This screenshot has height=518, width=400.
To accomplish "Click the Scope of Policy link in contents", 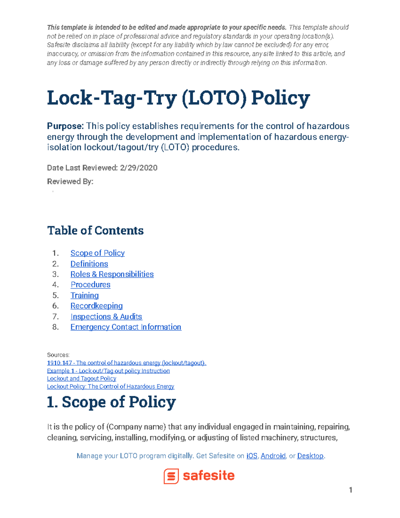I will (97, 253).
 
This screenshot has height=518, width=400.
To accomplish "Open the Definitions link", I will (89, 264).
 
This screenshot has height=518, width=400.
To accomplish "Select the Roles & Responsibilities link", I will (112, 274).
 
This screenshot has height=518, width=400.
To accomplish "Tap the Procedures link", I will (90, 285).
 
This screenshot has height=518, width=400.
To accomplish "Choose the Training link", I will (84, 296).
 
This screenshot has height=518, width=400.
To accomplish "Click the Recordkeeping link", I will (96, 306).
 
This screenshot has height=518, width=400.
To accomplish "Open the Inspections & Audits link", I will (106, 317).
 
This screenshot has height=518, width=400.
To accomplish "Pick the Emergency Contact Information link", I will (126, 327).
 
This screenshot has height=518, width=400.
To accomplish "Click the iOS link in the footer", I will (252, 456).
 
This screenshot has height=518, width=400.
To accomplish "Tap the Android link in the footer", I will (273, 456).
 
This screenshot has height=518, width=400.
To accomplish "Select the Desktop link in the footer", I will (310, 456).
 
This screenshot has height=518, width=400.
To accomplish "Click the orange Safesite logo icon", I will (171, 476).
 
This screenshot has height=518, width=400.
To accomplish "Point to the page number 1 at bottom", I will (350, 490).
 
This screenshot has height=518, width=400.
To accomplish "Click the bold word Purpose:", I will (65, 126).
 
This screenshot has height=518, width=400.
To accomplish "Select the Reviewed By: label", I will (70, 181).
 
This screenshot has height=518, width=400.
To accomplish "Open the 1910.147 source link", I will (126, 363).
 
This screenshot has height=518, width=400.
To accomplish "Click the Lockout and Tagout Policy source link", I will (81, 379).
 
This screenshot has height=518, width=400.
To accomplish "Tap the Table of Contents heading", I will (95, 230).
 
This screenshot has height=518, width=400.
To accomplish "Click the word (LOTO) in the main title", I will (214, 98).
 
